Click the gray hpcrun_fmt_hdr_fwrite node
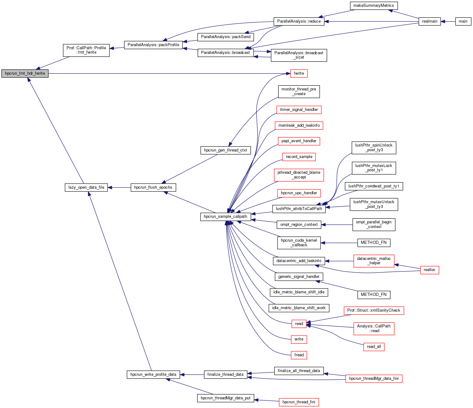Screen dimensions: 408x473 coord(25,73)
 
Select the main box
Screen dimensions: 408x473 coord(463,21)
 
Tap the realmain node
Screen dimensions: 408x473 coord(430,21)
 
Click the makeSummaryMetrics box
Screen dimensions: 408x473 coord(374,6)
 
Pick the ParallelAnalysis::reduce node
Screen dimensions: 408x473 coord(299,21)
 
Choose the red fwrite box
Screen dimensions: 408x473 coord(299,73)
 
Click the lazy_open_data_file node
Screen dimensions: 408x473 coord(86,187)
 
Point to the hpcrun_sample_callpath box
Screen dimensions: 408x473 coord(226,217)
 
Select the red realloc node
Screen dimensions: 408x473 coord(429,270)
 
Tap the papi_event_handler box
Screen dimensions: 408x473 coord(299,141)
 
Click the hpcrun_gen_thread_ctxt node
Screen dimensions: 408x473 coord(226,150)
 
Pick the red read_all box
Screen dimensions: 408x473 coord(374,347)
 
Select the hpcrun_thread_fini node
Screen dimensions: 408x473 coord(299,402)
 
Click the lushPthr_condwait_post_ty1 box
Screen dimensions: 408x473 coord(374,186)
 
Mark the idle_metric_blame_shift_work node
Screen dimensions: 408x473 coord(299,308)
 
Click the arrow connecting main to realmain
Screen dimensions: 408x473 coord(448,21)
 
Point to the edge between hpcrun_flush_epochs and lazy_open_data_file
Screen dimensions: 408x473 coord(119,187)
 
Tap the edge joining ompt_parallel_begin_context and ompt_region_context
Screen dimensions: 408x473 coord(337,225)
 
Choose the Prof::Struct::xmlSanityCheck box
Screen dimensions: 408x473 coord(374,310)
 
